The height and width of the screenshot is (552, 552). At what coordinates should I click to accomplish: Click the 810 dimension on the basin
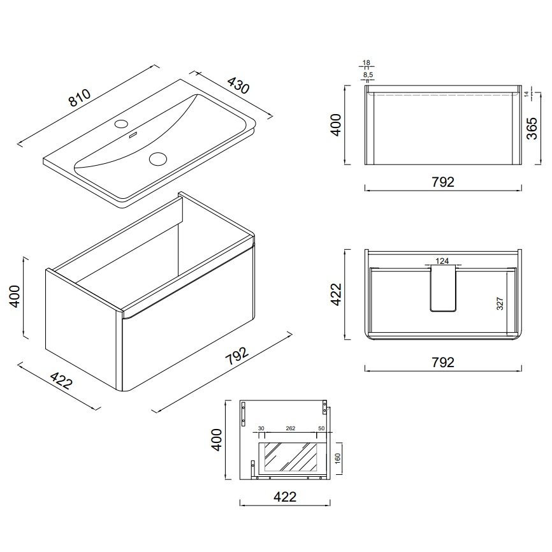coord(80,98)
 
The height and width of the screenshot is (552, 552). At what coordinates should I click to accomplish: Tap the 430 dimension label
coord(238,85)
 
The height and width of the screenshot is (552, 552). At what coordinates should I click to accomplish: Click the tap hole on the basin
coord(121,124)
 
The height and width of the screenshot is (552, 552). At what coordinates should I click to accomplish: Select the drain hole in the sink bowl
coord(157,159)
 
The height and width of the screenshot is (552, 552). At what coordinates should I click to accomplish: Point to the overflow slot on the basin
coord(133,136)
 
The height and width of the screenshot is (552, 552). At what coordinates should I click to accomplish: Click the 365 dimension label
coord(532,129)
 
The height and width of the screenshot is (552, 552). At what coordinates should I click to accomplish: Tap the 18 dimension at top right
coord(366,63)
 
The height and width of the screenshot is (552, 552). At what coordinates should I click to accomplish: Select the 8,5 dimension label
coord(368,75)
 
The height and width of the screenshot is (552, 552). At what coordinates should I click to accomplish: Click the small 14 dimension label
coord(527,94)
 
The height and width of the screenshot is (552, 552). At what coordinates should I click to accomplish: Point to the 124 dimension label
coord(442,261)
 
